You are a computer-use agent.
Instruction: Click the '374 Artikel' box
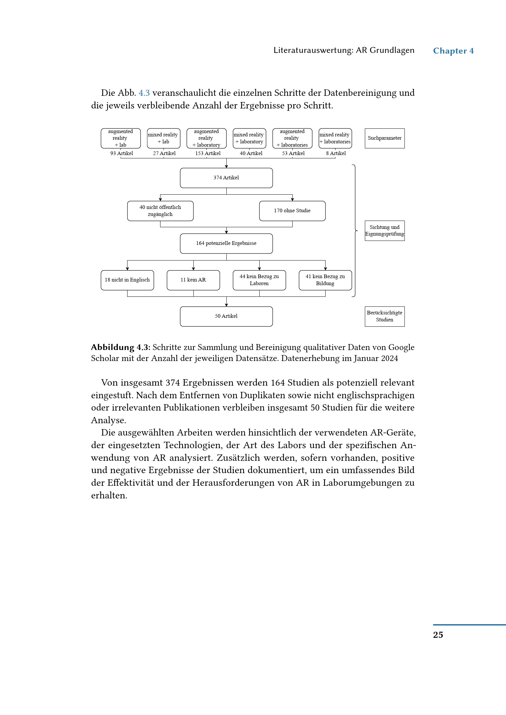tap(226, 178)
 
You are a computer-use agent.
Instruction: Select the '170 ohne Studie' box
tap(292, 211)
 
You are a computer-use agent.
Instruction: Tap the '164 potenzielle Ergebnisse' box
tap(226, 244)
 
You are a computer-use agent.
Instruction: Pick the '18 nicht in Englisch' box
tap(127, 280)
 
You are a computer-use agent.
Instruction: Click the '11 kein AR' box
tap(193, 280)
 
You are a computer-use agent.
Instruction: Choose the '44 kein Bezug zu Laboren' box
tap(259, 280)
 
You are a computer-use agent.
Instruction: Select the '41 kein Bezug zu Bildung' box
tap(325, 280)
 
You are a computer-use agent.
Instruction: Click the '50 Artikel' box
tap(226, 316)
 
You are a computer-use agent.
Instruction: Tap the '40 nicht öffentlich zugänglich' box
tap(160, 211)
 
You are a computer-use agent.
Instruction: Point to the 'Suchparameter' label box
tap(384, 138)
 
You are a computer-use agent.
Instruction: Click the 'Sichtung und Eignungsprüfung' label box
tap(384, 231)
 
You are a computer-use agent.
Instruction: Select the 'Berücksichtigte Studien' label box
tap(384, 316)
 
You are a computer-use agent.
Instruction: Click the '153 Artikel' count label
tap(208, 153)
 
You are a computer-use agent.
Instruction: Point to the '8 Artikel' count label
tap(336, 153)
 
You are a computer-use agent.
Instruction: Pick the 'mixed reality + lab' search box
tap(163, 138)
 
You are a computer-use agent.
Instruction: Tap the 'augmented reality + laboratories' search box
tap(292, 138)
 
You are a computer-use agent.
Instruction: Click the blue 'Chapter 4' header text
tap(453, 51)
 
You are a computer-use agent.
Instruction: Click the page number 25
tap(438, 635)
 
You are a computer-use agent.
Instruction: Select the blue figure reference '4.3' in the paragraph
tap(144, 93)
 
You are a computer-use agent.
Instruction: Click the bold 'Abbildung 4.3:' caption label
tap(121, 348)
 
